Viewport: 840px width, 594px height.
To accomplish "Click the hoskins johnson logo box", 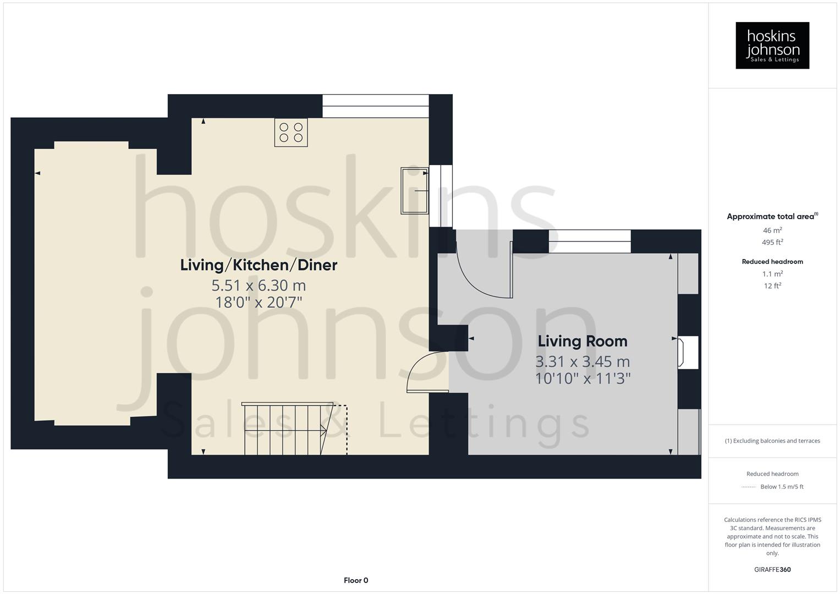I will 772,45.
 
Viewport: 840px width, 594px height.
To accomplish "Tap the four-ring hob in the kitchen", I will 291,133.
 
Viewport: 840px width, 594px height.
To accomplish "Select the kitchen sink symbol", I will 414,190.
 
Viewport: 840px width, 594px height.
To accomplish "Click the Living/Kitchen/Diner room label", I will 259,265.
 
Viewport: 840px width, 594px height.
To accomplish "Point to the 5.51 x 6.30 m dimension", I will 259,285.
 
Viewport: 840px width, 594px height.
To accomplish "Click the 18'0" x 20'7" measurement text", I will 259,302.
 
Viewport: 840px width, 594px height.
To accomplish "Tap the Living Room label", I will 583,341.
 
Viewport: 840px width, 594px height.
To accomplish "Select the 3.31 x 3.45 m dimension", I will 583,362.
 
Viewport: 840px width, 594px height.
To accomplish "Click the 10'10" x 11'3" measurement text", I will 583,378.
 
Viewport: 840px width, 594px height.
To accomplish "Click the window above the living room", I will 590,241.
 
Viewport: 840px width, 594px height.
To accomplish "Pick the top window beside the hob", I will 375,106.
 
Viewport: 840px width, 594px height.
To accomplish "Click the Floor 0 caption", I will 356,580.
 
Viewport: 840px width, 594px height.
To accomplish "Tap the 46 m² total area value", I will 772,230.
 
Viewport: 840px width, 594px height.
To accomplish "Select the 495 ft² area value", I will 772,243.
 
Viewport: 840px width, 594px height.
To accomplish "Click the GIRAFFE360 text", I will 772,570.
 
